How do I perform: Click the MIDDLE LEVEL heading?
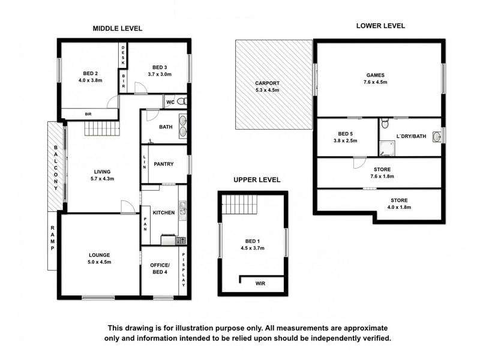pyautogui.click(x=117, y=28)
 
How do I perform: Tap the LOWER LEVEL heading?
pyautogui.click(x=380, y=26)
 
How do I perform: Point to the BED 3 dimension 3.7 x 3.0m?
pyautogui.click(x=158, y=74)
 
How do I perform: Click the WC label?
pyautogui.click(x=170, y=101)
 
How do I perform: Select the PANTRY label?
pyautogui.click(x=163, y=164)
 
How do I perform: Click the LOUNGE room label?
pyautogui.click(x=98, y=255)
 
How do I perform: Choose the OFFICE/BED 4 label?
pyautogui.click(x=160, y=269)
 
